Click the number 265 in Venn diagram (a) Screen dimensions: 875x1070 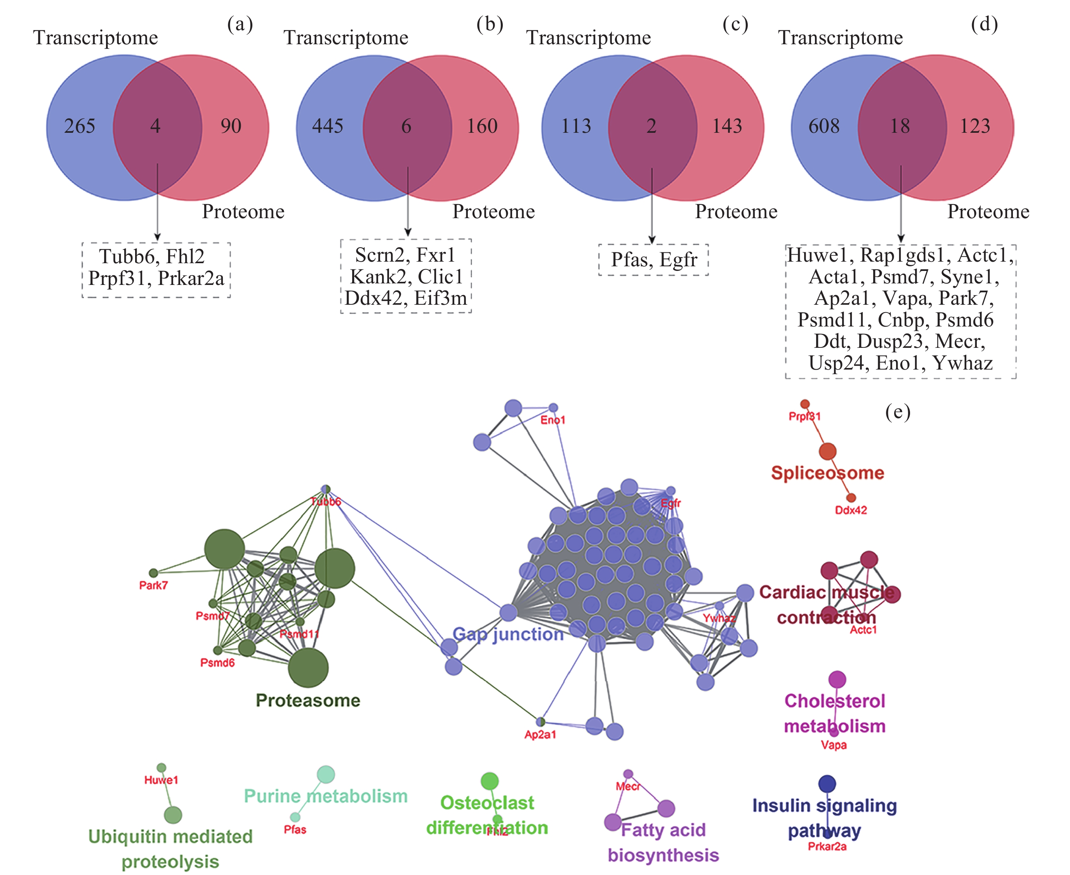tap(80, 126)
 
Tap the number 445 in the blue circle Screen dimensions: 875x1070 tap(328, 126)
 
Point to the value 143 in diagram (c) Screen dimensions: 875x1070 tap(727, 126)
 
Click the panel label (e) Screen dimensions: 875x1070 tap(898, 412)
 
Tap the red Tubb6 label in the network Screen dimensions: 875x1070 tap(326, 502)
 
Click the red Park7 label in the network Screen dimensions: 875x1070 tap(153, 585)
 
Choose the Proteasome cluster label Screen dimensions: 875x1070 tap(308, 700)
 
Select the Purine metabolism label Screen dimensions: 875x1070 tap(326, 796)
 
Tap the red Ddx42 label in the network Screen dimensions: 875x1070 tap(851, 510)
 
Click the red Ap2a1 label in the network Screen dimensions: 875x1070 tap(540, 734)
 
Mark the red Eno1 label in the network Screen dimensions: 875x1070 tap(553, 420)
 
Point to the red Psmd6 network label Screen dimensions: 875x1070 tap(217, 663)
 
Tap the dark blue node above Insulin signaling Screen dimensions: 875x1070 tap(827, 784)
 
